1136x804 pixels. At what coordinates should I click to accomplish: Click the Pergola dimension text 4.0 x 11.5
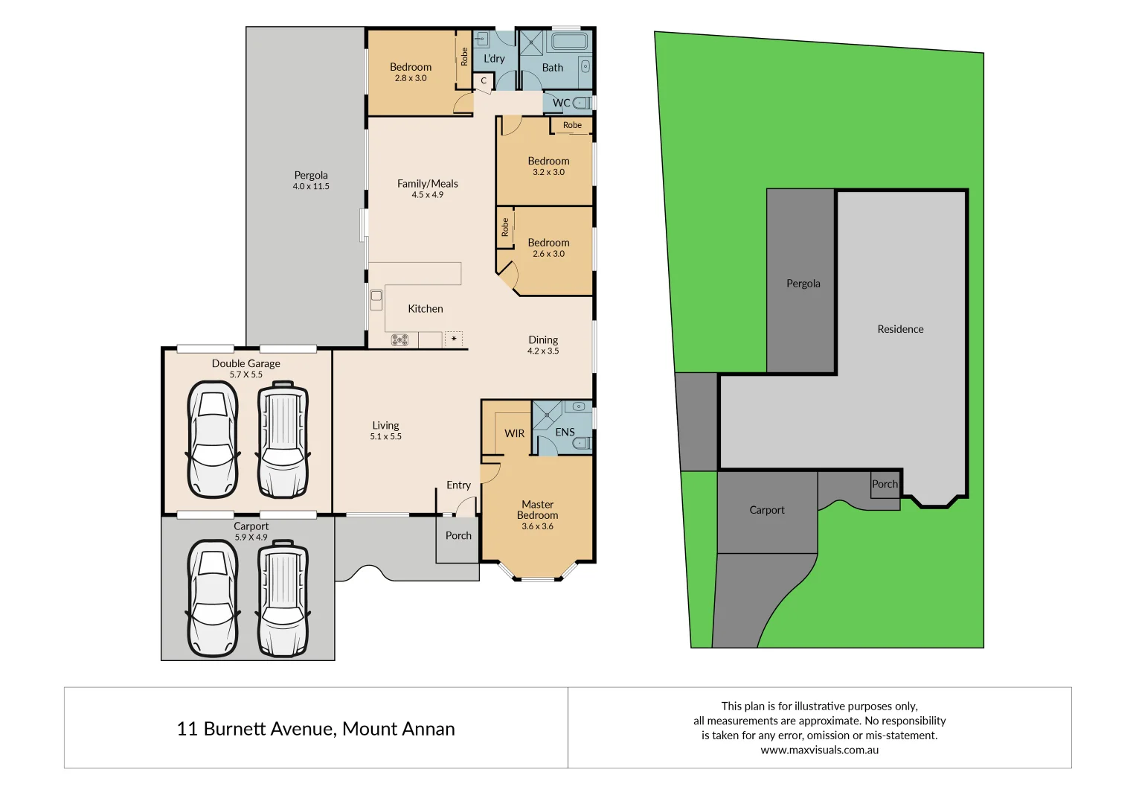click(x=311, y=187)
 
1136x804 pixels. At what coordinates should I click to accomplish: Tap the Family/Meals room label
click(x=428, y=184)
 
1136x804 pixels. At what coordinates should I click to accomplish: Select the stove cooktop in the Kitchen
click(x=399, y=340)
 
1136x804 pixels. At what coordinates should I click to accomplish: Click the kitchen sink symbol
click(x=376, y=299)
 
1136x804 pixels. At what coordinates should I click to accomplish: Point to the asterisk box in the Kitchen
click(x=454, y=339)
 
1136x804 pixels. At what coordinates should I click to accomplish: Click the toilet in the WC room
click(x=582, y=103)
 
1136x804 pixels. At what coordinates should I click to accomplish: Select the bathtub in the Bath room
click(x=569, y=40)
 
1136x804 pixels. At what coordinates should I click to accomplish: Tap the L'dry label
click(x=494, y=59)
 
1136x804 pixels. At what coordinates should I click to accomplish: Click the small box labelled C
click(x=483, y=81)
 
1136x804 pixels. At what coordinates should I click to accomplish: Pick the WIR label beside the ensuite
click(x=514, y=433)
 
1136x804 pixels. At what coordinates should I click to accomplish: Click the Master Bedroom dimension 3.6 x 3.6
click(x=537, y=526)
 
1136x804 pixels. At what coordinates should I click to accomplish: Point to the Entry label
click(x=458, y=485)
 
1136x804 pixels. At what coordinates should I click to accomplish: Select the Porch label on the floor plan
click(x=458, y=536)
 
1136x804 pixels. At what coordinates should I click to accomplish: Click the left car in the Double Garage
click(x=213, y=439)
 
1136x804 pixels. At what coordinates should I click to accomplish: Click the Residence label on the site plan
click(x=900, y=329)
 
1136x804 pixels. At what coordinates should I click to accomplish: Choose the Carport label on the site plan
click(x=767, y=510)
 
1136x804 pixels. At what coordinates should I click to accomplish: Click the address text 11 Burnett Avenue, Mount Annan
click(x=315, y=729)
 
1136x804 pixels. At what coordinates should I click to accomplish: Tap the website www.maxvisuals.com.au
click(x=819, y=750)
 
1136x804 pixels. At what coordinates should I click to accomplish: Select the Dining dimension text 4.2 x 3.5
click(x=543, y=351)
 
